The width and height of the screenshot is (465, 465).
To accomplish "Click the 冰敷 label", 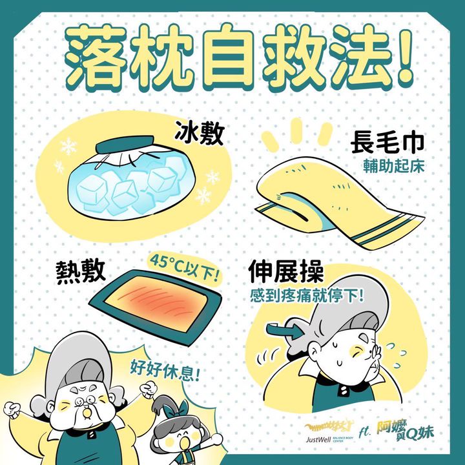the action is pos(199,133).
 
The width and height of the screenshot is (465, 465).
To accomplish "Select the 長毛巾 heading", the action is pos(387,143).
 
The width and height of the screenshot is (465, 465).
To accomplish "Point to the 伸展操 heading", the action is pos(286,271).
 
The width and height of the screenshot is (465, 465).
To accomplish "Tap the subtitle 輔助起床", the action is pos(394,167).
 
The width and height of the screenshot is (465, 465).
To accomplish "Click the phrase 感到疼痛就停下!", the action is pos(307,295).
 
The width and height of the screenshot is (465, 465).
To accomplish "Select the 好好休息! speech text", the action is pos(165,371).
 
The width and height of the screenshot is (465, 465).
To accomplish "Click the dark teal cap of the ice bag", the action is pos(125,144).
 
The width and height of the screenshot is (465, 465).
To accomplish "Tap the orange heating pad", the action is pos(156,307).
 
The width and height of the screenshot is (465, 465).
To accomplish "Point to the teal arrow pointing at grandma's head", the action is pos(286,331).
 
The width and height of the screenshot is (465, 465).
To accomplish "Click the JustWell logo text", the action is pos(318,439).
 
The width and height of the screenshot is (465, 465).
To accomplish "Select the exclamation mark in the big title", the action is pos(403,56).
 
